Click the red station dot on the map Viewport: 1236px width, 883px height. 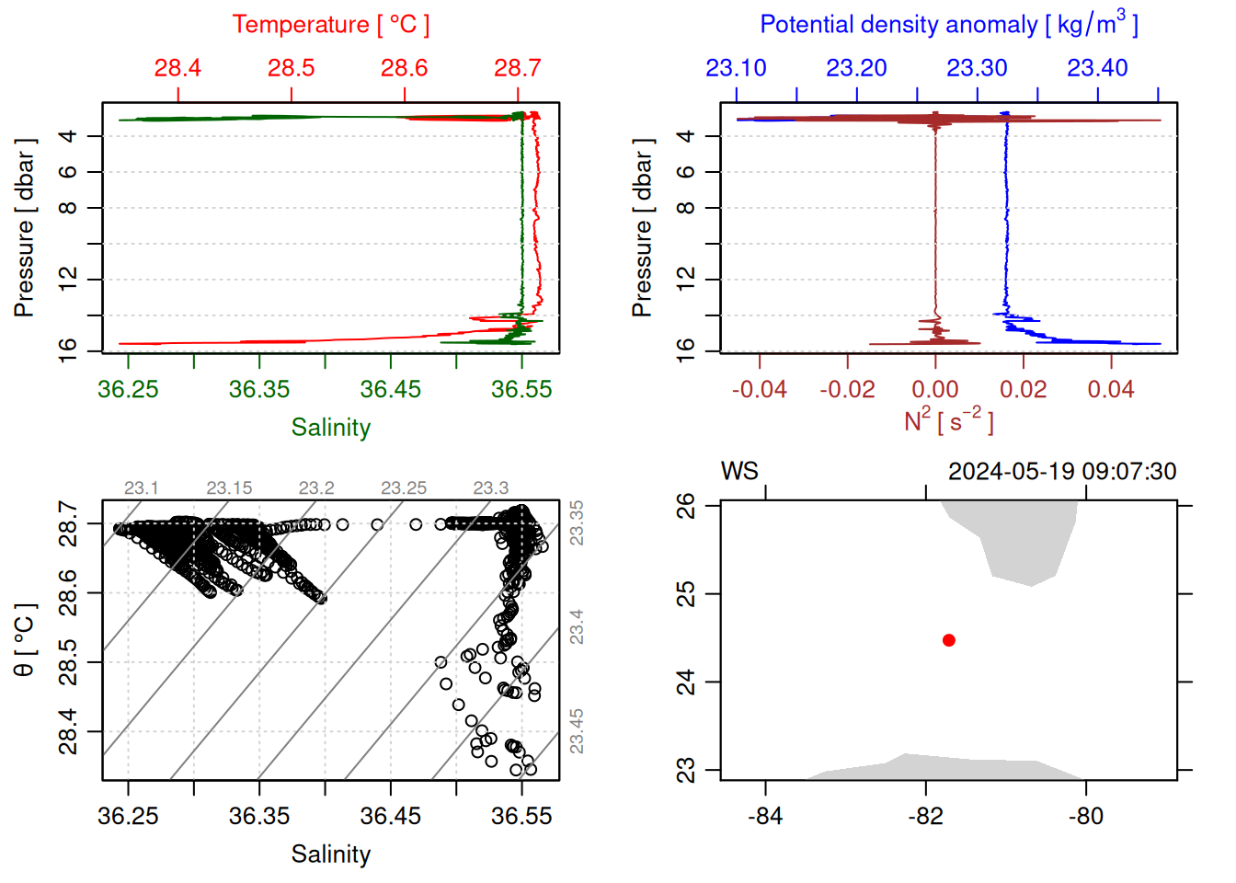pyautogui.click(x=949, y=640)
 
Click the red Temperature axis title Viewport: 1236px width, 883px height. pyautogui.click(x=330, y=25)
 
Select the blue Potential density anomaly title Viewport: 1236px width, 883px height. pyautogui.click(x=948, y=24)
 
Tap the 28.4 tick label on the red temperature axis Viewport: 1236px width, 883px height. pyautogui.click(x=177, y=68)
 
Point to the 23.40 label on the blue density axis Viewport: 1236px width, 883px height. pyautogui.click(x=1097, y=68)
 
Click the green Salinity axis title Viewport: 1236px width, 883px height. pyautogui.click(x=330, y=428)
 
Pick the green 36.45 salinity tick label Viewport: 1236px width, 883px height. pyautogui.click(x=390, y=390)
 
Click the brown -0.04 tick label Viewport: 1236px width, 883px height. pyautogui.click(x=759, y=390)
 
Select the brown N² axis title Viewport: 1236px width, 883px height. pyautogui.click(x=948, y=421)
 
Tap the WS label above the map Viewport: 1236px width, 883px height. pyautogui.click(x=739, y=472)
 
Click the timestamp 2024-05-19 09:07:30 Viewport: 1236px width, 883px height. pyautogui.click(x=1062, y=472)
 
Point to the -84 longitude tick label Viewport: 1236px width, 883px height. pyautogui.click(x=765, y=817)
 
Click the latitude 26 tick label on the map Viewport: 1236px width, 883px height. pyautogui.click(x=686, y=506)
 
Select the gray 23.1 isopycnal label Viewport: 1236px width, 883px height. pyautogui.click(x=142, y=488)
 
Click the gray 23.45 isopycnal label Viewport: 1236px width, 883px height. pyautogui.click(x=577, y=731)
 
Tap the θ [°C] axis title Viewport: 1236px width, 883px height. pyautogui.click(x=25, y=640)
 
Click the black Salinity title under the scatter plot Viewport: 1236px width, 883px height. pyautogui.click(x=330, y=854)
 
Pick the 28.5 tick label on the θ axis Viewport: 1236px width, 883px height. pyautogui.click(x=68, y=662)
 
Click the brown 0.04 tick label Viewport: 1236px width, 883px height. pyautogui.click(x=1111, y=390)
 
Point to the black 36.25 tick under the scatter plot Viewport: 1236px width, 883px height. pyautogui.click(x=128, y=817)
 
